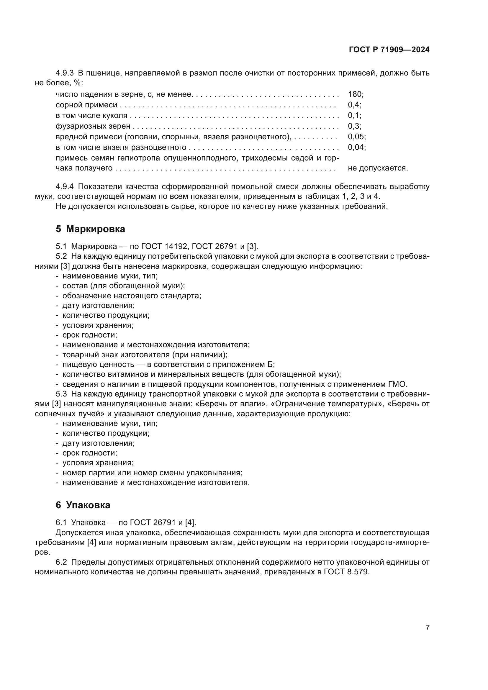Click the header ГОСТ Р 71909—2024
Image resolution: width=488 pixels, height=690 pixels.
pos(389,50)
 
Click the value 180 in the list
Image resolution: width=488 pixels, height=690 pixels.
pos(355,94)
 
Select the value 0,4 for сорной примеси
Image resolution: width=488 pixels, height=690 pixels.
pos(354,105)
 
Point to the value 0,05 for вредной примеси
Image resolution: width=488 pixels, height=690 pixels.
pos(356,137)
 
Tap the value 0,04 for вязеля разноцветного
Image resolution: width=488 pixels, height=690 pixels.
pos(356,147)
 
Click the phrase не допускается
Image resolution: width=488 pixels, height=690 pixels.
pos(377,168)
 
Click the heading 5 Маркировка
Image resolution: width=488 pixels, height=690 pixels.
pos(90,229)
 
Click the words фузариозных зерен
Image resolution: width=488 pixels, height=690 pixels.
pos(93,126)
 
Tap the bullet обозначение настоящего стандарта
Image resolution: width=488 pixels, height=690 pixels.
pos(132,296)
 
